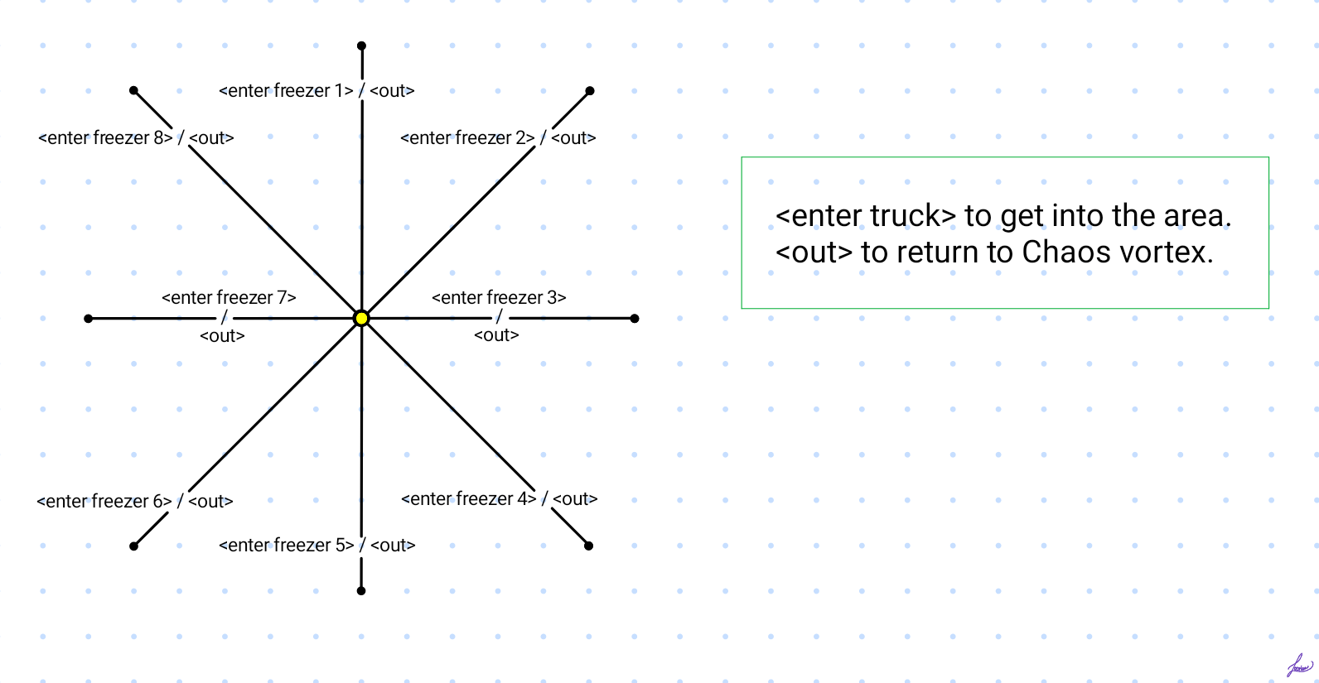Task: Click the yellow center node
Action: (x=361, y=318)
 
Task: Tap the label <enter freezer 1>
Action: (x=286, y=91)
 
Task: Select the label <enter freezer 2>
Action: (x=467, y=138)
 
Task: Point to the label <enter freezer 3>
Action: (x=499, y=297)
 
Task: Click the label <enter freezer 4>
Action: (x=468, y=499)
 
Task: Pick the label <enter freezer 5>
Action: (x=286, y=546)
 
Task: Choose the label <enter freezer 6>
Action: (x=104, y=502)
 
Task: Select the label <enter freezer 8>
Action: (x=105, y=138)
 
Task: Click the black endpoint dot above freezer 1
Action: (x=361, y=46)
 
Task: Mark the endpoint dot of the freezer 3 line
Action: (x=635, y=318)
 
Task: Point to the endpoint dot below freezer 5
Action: (x=361, y=590)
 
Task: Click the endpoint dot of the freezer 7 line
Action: (x=89, y=318)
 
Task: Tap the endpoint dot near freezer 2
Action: (x=590, y=91)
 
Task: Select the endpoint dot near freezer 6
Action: (x=133, y=546)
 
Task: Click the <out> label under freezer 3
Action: (x=496, y=335)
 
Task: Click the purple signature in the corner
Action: (x=1300, y=666)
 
